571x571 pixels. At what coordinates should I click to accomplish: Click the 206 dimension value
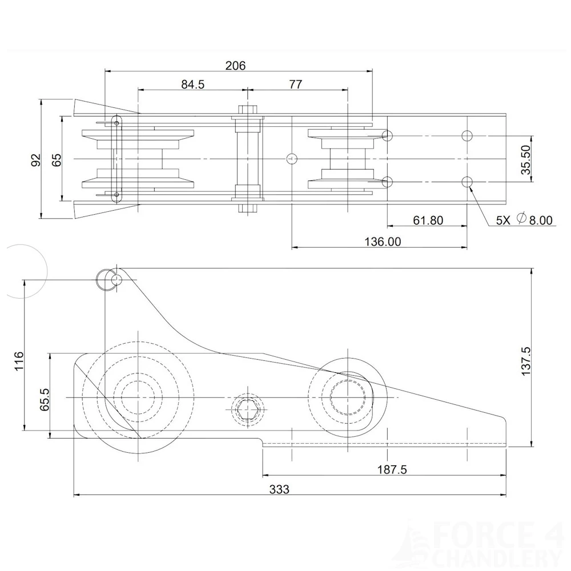[235, 66]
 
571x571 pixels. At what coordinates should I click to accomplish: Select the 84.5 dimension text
[192, 85]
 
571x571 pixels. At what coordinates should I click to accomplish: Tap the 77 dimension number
[295, 85]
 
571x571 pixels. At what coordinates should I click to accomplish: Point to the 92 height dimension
[35, 159]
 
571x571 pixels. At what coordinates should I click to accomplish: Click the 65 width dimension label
[56, 159]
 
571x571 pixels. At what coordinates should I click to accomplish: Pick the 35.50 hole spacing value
[526, 159]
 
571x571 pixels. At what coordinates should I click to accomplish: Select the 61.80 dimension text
[428, 220]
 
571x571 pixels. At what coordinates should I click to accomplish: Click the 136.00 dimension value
[383, 242]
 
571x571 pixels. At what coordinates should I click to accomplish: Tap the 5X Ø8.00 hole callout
[524, 220]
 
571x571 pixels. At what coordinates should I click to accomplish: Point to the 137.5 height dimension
[526, 360]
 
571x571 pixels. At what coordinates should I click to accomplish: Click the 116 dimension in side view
[19, 361]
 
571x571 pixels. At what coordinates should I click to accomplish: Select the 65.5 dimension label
[45, 399]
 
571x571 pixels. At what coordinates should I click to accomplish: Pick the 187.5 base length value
[392, 469]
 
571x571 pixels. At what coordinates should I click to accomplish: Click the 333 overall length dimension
[279, 489]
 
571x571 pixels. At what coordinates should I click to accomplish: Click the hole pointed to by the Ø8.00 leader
[467, 182]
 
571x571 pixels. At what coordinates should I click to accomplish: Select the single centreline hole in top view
[292, 158]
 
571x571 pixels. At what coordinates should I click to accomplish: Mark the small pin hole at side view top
[116, 280]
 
